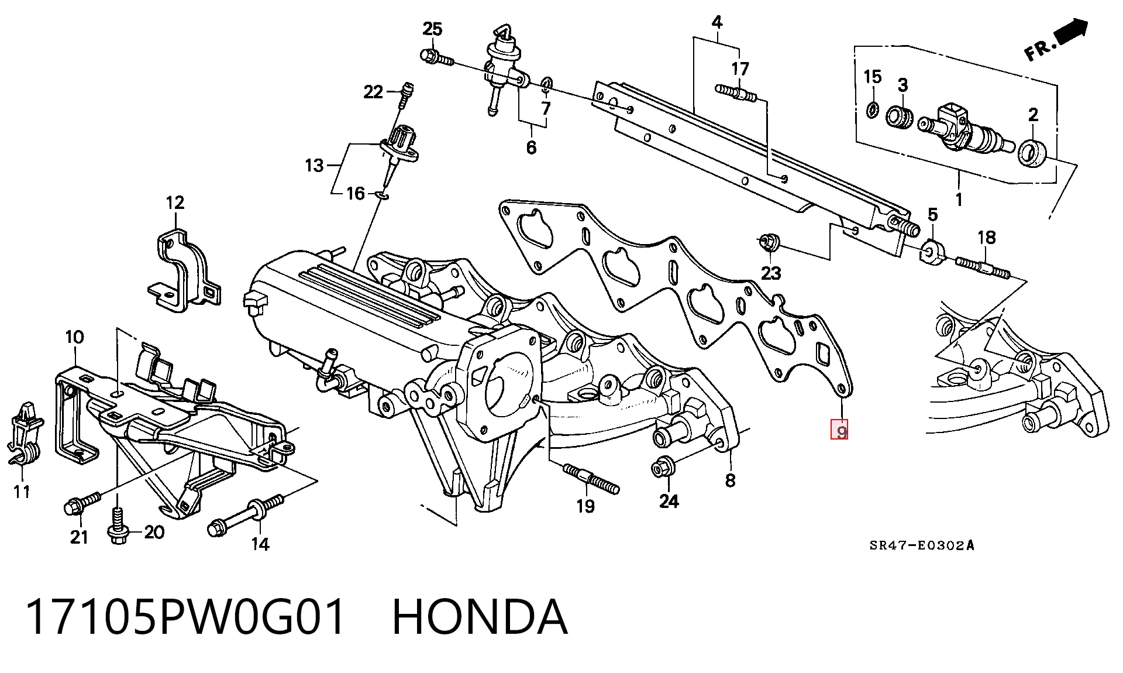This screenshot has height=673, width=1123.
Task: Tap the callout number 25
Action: (x=432, y=29)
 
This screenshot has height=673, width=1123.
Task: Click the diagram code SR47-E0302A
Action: (x=921, y=546)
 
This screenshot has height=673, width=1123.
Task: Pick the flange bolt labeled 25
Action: (x=437, y=57)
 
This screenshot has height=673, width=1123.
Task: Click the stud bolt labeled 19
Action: (x=591, y=478)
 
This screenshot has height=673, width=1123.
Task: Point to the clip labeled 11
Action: (x=23, y=434)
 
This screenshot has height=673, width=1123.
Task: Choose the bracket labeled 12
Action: (x=182, y=269)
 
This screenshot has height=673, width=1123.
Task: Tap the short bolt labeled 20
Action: (x=118, y=526)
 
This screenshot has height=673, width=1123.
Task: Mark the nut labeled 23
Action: (x=768, y=241)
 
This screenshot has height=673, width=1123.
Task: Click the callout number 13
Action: (x=314, y=166)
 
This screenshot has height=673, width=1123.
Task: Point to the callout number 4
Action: (x=716, y=23)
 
